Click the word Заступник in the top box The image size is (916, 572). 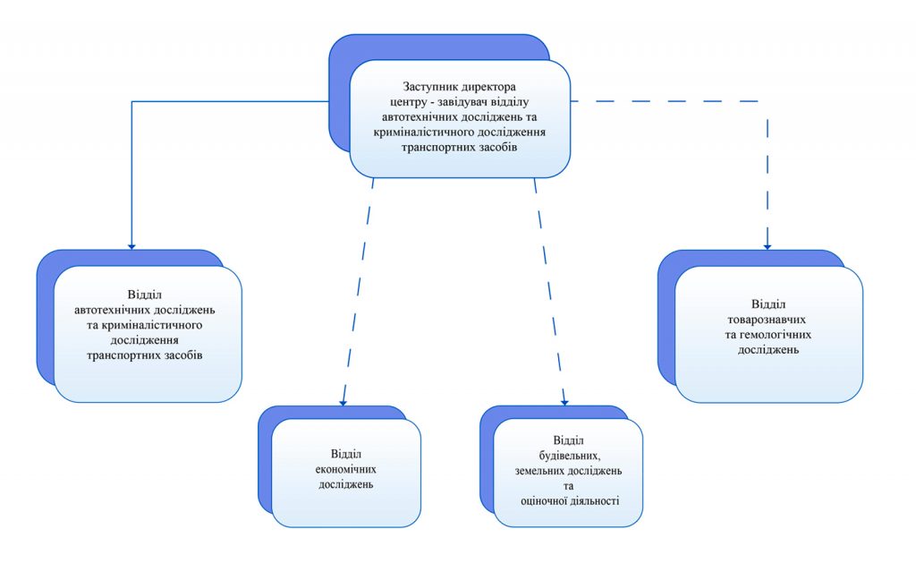(x=429, y=87)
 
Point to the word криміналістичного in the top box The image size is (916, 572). (x=437, y=131)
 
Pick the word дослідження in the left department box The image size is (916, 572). (x=146, y=339)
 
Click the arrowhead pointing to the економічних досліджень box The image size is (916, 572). (x=343, y=402)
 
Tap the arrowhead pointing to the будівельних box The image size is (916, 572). (x=565, y=402)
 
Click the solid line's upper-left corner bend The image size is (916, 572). (x=131, y=101)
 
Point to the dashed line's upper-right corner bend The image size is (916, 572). (x=768, y=101)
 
